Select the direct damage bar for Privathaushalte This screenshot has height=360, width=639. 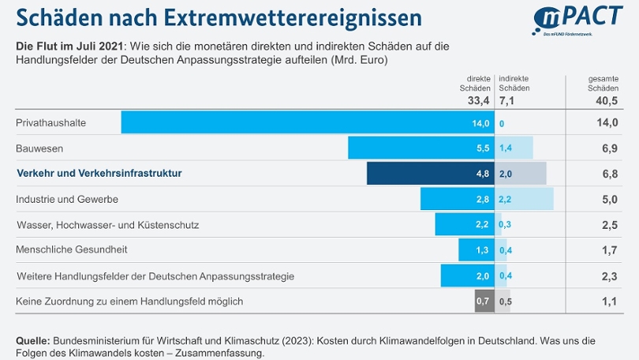tap(307, 122)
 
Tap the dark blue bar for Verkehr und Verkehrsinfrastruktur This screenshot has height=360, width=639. tap(430, 173)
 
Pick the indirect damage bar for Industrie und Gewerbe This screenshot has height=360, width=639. tap(525, 199)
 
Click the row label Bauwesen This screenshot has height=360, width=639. tap(39, 148)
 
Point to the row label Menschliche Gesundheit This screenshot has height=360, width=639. tap(72, 249)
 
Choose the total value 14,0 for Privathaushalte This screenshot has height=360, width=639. tap(604, 123)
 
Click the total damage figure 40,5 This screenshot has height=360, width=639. tap(604, 101)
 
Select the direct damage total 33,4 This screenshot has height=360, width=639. tap(478, 101)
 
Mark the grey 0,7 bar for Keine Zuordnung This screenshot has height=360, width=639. tap(484, 301)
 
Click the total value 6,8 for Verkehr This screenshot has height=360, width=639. tap(604, 174)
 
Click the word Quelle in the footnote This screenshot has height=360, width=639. tap(33, 340)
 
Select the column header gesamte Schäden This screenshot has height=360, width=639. tap(604, 84)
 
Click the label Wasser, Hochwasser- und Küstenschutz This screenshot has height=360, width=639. tap(108, 225)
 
